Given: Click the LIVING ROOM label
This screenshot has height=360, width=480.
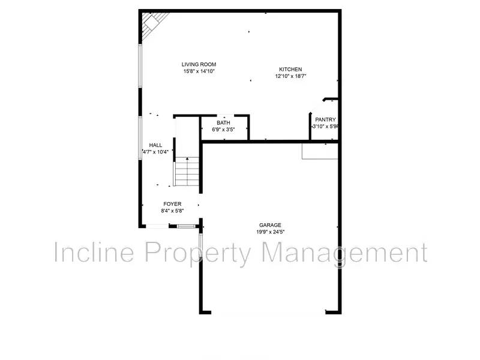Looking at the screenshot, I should pos(199,64).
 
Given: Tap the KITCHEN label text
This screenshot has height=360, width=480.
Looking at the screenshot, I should pos(291,69).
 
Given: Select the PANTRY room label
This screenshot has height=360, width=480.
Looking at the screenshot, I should pos(325,119).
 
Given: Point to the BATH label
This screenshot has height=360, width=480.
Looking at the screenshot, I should pos(223,122).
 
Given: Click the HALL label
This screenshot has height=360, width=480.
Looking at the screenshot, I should pos(156,145).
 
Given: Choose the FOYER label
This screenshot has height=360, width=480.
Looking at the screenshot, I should pos(172,204).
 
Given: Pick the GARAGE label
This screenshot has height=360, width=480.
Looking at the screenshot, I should pos(270,225).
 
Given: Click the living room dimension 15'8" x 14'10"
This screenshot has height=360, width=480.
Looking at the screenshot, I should pos(199,71).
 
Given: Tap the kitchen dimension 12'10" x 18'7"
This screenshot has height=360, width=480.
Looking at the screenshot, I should pos(291,76).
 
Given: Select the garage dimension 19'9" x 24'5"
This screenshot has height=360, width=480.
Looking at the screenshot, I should pos(270,232).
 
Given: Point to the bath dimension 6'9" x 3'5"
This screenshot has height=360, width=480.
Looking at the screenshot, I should pos(223,129).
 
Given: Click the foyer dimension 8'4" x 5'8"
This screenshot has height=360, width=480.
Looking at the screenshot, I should pos(172,211).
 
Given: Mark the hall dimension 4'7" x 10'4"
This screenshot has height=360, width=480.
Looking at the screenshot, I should pos(155,152).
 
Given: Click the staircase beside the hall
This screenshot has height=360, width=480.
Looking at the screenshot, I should pos(187,171).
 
